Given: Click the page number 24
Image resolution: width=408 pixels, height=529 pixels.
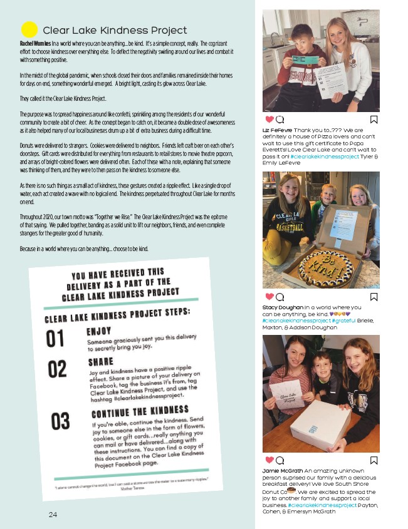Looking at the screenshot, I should coord(53,514).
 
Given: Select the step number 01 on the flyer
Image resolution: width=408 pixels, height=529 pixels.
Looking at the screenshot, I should coord(55,338).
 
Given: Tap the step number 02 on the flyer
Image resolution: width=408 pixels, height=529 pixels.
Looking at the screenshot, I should coord(58,369).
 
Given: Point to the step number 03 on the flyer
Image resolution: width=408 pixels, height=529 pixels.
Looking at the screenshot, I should coord(61,421).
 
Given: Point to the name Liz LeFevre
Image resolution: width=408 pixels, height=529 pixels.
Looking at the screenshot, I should coord(276,130).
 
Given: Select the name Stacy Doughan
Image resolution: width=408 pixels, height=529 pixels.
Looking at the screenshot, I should coord(282,307).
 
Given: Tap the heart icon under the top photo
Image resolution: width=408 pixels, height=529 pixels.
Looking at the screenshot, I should coord(269,119).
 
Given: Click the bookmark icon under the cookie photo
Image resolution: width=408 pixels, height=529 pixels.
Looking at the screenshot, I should coord(374,297).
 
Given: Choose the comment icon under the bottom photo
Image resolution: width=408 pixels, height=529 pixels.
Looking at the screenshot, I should coord(280,460).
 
